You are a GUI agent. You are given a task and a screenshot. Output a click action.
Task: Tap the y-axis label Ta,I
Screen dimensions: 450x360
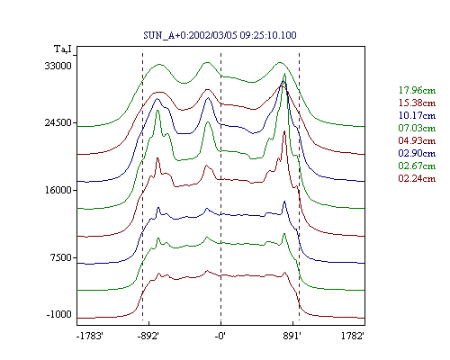(63, 49)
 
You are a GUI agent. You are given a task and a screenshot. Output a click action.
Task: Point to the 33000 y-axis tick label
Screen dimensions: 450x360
(58, 66)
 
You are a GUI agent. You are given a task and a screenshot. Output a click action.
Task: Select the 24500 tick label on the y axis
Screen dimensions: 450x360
(58, 122)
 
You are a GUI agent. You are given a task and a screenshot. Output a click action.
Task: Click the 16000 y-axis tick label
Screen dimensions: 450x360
(58, 190)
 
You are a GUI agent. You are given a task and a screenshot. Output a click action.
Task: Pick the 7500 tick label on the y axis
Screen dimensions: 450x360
(61, 257)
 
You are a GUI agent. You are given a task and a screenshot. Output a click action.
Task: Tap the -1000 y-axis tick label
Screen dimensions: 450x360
(59, 314)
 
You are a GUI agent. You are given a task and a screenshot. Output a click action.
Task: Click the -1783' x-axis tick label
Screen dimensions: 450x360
(90, 336)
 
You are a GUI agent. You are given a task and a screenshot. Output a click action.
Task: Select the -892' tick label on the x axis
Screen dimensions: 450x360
(148, 336)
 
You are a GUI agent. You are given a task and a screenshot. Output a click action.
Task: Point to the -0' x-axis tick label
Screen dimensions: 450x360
(220, 336)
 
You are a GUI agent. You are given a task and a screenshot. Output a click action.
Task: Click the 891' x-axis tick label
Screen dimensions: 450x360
(292, 336)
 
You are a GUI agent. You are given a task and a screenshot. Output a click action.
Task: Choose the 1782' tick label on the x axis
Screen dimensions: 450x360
(353, 336)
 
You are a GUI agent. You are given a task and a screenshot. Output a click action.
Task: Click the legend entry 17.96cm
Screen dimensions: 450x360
(417, 90)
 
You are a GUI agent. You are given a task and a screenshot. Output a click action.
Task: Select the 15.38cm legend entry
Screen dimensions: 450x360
(417, 103)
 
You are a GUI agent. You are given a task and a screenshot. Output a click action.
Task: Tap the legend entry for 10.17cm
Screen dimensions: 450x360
(417, 115)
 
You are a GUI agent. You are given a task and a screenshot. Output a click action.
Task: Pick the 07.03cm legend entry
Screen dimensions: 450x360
(417, 128)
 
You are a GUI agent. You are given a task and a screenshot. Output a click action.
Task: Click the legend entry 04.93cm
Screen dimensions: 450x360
(417, 140)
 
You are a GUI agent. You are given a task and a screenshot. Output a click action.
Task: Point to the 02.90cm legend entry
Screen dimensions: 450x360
(417, 153)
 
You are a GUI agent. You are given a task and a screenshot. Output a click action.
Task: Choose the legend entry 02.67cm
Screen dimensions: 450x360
(417, 166)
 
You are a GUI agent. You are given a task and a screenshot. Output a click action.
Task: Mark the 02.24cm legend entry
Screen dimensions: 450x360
(417, 178)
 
